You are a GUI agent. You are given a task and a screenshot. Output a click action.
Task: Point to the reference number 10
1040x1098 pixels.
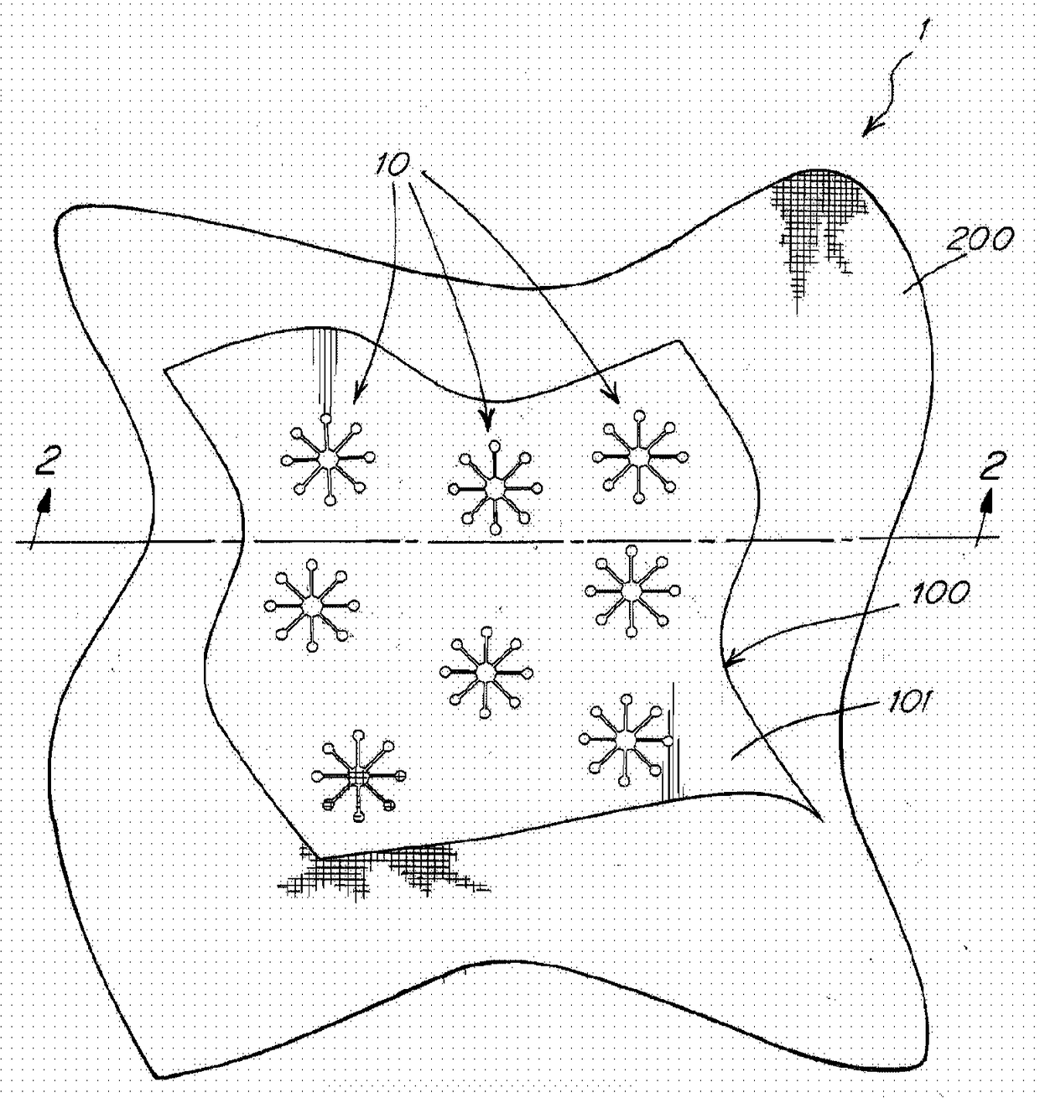pos(392,164)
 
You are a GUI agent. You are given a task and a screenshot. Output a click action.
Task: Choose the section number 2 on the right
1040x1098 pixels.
pos(990,466)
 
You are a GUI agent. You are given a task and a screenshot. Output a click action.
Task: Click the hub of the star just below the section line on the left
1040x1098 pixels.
pos(311,606)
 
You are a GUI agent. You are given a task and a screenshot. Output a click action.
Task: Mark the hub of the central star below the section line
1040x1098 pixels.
pos(486,673)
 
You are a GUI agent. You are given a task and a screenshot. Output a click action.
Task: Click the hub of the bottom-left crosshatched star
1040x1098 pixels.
pos(358,776)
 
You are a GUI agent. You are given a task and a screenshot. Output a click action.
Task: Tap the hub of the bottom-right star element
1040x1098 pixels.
pos(625,740)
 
